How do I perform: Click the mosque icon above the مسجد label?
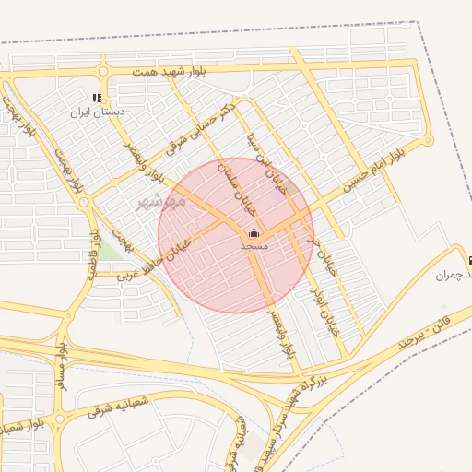point(254,233)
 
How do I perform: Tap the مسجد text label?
point(254,246)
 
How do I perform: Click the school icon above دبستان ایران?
point(98,99)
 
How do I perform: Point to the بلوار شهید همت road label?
point(170,71)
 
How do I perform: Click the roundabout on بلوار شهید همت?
point(102,71)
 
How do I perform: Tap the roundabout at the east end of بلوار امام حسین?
point(428,141)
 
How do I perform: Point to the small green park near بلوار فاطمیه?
point(111,249)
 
